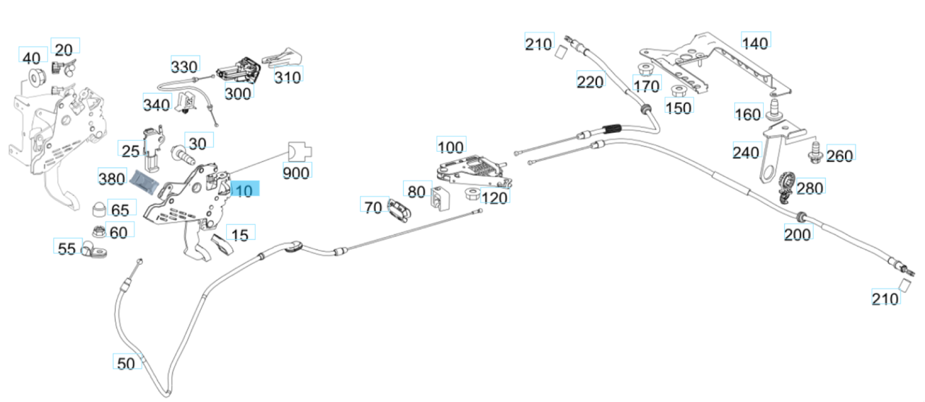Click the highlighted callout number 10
click(244, 191)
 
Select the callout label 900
click(296, 173)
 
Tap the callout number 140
click(755, 43)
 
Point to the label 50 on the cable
click(126, 363)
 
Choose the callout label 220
click(590, 82)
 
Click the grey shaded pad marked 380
click(147, 181)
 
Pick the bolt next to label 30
click(182, 155)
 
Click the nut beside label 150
click(678, 92)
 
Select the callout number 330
click(184, 67)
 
